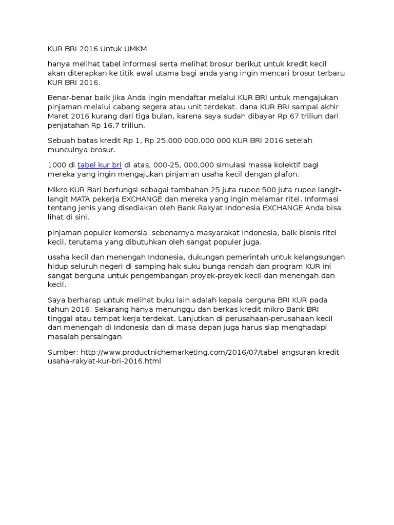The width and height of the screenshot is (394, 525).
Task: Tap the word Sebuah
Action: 61,140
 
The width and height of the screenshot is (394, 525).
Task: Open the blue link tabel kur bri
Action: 100,165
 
